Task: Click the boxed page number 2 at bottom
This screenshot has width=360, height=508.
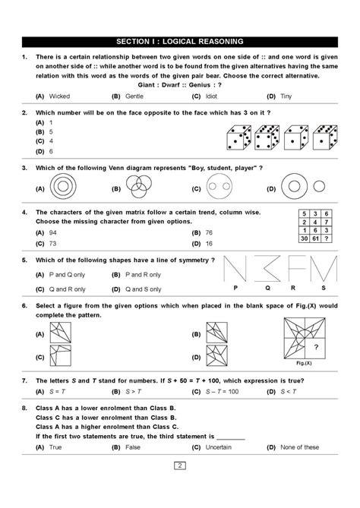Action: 179,486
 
